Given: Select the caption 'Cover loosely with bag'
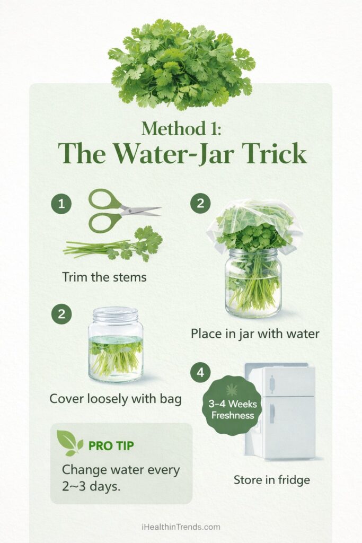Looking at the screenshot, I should coord(116,398).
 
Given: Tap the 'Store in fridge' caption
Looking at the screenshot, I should coord(271,480).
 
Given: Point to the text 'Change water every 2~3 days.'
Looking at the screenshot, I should coord(121,478).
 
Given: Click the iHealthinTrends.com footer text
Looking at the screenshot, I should coord(181,527).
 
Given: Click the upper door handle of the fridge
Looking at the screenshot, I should coord(271,382).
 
